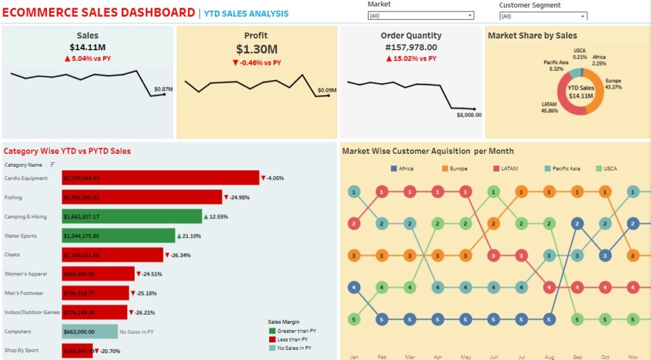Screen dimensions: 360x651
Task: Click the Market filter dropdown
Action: tap(421, 16)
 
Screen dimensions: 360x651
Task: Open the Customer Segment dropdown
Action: tap(542, 17)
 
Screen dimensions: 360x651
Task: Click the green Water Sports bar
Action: tap(118, 236)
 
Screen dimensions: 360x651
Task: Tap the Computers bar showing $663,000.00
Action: tap(90, 331)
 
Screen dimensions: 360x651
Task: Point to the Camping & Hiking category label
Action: tap(25, 217)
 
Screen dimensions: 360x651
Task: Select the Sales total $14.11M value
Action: tap(87, 47)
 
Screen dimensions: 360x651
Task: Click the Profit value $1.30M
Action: tap(256, 49)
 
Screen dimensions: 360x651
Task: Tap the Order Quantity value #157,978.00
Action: tap(411, 47)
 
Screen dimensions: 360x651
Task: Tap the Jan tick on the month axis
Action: tap(353, 357)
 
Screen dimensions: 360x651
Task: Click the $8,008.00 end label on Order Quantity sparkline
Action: tap(469, 115)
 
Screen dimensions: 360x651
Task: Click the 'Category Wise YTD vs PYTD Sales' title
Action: tap(67, 151)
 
